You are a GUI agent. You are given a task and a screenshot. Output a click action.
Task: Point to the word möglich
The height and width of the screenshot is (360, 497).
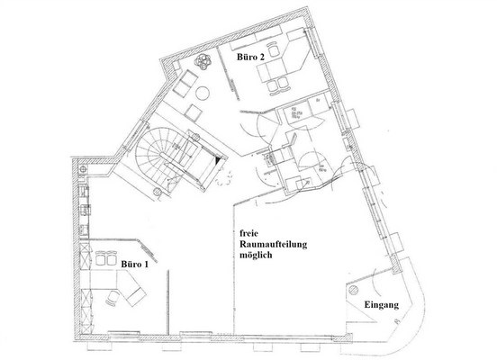(x=257, y=256)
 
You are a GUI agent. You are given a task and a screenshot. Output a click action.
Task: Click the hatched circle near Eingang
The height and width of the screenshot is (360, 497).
(x=355, y=291)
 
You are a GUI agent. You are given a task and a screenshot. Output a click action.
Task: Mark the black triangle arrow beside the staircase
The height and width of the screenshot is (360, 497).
(x=220, y=155)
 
